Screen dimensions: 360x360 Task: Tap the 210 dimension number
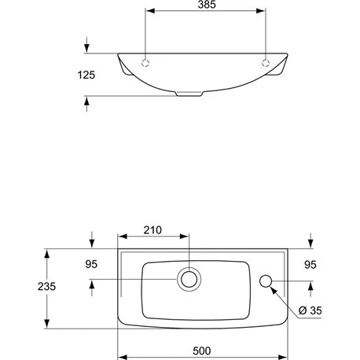(152, 230)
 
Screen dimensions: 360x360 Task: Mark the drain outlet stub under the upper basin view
(189, 94)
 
